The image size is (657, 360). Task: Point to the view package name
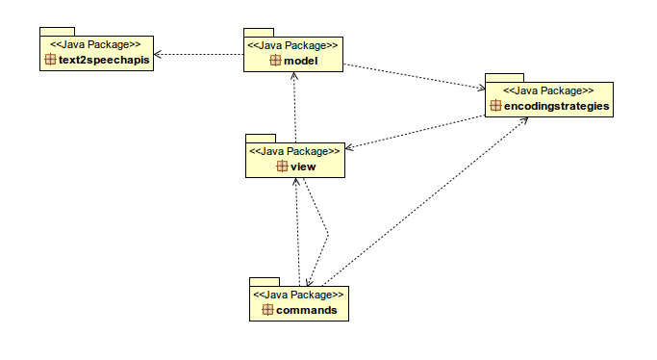click(303, 167)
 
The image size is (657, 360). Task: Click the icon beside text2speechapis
click(51, 60)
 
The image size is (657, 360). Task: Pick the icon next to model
click(275, 62)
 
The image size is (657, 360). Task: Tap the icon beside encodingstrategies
click(496, 106)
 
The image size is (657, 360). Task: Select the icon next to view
click(282, 167)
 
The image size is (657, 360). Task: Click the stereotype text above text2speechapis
click(95, 44)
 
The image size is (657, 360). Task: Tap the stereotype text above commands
click(298, 294)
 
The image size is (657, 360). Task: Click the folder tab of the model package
click(258, 32)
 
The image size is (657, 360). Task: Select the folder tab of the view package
click(260, 138)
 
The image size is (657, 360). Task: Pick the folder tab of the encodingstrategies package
click(503, 76)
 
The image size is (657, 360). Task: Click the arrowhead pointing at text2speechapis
click(159, 54)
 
